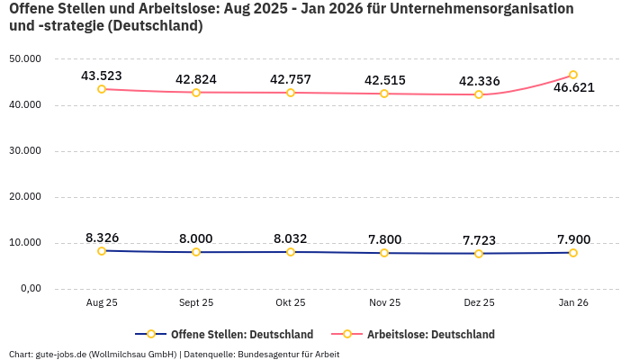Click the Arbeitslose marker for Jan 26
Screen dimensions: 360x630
573,75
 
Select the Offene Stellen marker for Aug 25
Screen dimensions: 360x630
102,251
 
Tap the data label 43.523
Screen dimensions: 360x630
102,76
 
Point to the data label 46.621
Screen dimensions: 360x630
573,88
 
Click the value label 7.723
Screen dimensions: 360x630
479,240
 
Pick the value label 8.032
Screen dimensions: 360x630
290,238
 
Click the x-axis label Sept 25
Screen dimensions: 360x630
196,303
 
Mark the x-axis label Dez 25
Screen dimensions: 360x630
479,303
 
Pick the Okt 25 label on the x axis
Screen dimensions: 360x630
290,303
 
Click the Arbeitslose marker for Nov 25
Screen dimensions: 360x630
384,94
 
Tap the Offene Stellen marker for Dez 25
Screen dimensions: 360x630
479,254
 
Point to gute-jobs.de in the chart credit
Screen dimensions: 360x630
60,355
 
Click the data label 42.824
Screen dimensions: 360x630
196,79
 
